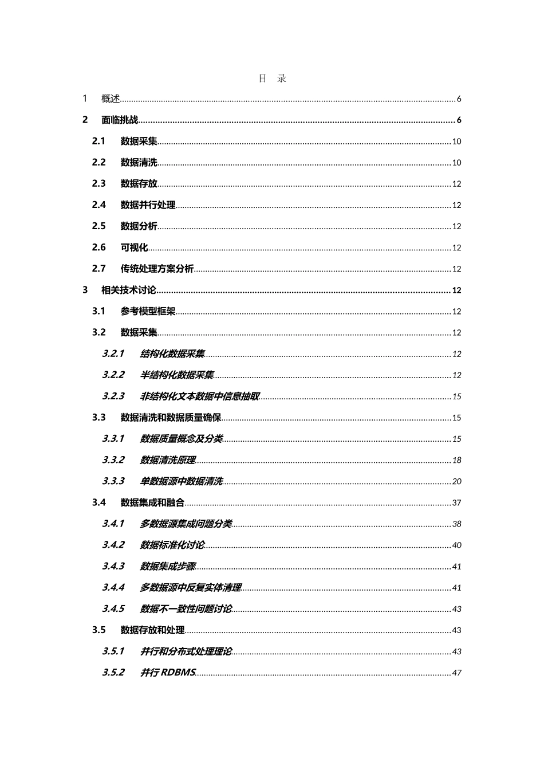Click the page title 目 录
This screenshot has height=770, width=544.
[x=272, y=78]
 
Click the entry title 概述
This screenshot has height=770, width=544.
[x=111, y=99]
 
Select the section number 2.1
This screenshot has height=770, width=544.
[x=99, y=141]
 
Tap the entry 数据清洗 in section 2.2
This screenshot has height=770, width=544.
[x=139, y=163]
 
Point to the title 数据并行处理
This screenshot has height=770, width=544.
[x=148, y=205]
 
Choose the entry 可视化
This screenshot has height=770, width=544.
[x=134, y=247]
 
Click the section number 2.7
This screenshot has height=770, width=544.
[x=99, y=269]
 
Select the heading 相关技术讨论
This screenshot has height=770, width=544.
[x=128, y=290]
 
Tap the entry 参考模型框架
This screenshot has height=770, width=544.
[x=148, y=311]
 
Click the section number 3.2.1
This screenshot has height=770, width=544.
[x=113, y=353]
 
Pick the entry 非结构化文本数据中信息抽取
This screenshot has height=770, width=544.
[x=200, y=396]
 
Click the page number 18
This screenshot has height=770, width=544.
[x=456, y=460]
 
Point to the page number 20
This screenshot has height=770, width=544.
[x=456, y=481]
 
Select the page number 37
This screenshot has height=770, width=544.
[x=456, y=502]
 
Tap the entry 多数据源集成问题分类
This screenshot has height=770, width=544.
[x=186, y=524]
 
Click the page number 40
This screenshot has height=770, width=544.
[x=456, y=545]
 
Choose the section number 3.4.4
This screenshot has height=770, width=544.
[x=113, y=587]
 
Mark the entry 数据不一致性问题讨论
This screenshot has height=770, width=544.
[x=186, y=608]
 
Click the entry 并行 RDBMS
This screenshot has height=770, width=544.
[x=168, y=673]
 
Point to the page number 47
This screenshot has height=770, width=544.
[x=456, y=673]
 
